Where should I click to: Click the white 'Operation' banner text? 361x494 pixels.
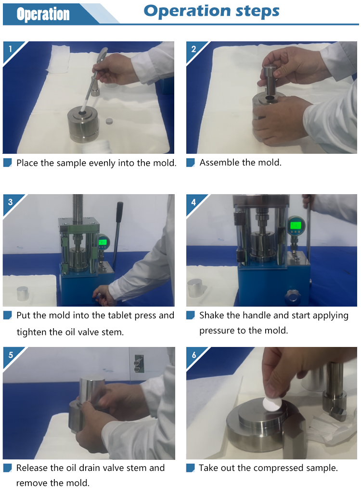(x=43, y=14)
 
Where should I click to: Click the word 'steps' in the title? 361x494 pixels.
(x=258, y=12)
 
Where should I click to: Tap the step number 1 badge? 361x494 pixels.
(x=11, y=49)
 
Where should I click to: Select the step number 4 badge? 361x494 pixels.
(x=193, y=202)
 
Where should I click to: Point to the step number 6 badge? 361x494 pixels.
(x=194, y=355)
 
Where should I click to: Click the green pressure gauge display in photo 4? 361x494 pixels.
(x=296, y=225)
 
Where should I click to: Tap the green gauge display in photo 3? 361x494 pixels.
(x=103, y=242)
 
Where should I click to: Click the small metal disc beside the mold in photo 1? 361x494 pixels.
(x=109, y=121)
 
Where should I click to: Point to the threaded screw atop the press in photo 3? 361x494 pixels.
(x=77, y=205)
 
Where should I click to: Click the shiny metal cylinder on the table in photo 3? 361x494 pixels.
(x=23, y=293)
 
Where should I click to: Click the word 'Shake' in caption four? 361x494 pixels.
(x=211, y=315)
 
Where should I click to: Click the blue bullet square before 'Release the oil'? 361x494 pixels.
(x=8, y=468)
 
